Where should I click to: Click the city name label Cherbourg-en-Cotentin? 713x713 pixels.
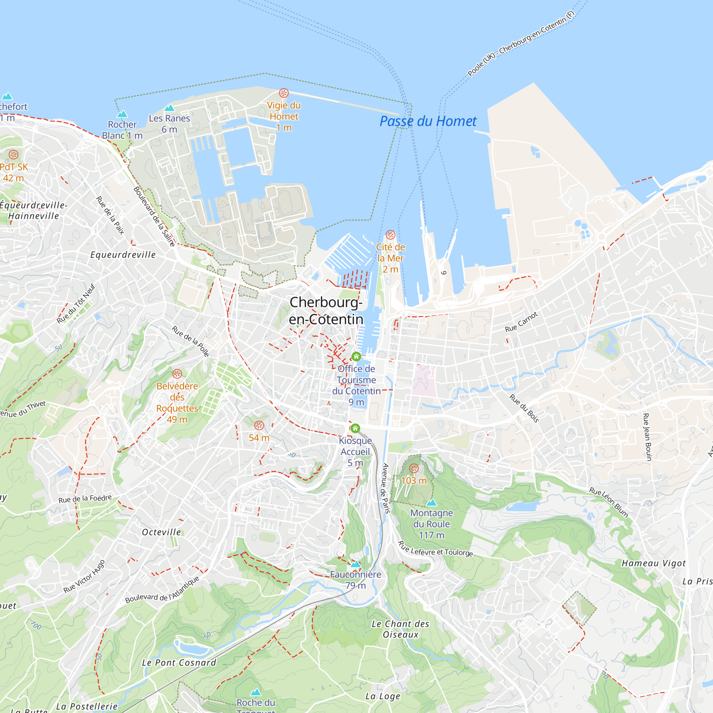[326, 311]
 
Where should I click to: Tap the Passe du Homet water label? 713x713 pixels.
[428, 121]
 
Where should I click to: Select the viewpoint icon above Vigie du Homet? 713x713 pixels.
[283, 93]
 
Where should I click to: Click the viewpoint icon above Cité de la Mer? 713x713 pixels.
[390, 235]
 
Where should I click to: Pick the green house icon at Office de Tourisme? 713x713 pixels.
[356, 356]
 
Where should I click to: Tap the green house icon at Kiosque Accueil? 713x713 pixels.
[355, 428]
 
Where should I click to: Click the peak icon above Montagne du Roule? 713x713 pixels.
[431, 502]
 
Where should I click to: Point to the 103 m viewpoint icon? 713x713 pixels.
[414, 468]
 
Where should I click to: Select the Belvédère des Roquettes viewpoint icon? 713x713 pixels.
[177, 374]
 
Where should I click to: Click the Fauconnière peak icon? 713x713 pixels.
[355, 564]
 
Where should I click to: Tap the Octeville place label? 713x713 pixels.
[161, 532]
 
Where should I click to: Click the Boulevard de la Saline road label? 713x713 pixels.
[154, 217]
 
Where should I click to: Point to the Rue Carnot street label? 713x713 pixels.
[522, 322]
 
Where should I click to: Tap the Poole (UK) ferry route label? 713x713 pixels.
[521, 43]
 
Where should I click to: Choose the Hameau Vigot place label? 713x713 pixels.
[653, 563]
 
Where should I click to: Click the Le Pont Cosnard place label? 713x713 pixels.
[179, 663]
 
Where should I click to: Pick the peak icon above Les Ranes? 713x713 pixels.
[169, 108]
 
